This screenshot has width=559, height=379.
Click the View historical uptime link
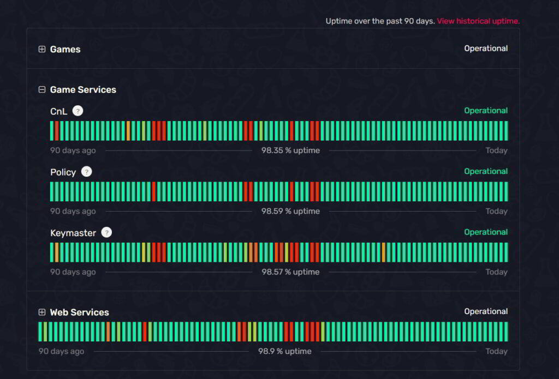pos(478,21)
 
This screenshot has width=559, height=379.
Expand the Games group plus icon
pos(42,49)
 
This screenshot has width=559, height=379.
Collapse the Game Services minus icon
pos(42,89)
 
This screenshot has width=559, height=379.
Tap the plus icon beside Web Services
pos(42,312)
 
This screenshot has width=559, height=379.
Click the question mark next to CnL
pos(78,111)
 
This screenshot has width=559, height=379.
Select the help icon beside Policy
pos(86,172)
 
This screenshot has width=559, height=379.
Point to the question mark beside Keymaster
pos(106,232)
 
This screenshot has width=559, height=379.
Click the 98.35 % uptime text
pos(290,151)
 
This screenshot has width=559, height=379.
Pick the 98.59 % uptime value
pos(290,211)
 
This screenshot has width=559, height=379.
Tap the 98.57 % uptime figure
pos(290,272)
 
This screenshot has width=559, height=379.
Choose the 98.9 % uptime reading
pos(285,351)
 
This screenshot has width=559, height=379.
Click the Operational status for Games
pos(486,49)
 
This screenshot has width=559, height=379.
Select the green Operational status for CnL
pos(486,111)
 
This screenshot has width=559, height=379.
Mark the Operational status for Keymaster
pos(486,232)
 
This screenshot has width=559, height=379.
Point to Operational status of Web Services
pos(486,311)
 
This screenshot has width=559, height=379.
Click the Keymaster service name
pos(73,233)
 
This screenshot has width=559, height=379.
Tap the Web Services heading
pos(79,312)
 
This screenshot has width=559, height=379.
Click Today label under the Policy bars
pos(496,211)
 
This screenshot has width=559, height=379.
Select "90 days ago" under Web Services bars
pos(61,351)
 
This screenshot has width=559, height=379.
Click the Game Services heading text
pos(83,89)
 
